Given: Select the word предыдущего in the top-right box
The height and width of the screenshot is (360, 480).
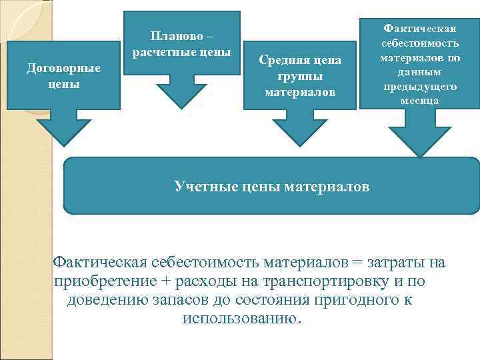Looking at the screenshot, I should click(x=419, y=87).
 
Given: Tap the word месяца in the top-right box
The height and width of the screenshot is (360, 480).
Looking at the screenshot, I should click(x=419, y=101).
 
